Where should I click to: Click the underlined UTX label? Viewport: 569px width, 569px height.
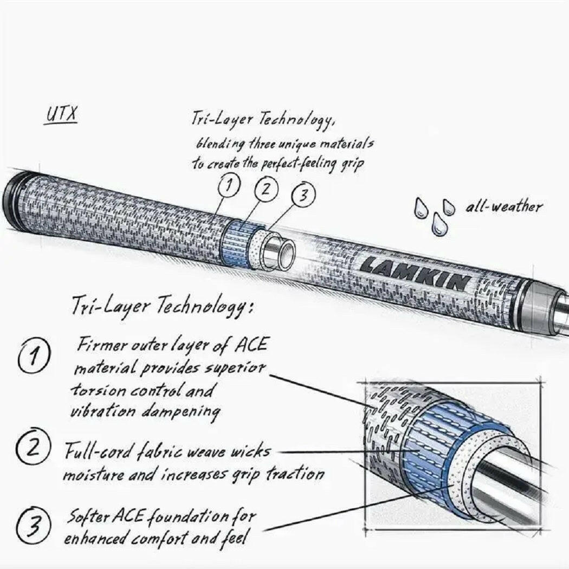[x=60, y=115]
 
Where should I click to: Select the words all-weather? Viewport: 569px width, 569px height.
[x=503, y=206]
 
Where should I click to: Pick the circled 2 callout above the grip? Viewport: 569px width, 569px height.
[x=267, y=190]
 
